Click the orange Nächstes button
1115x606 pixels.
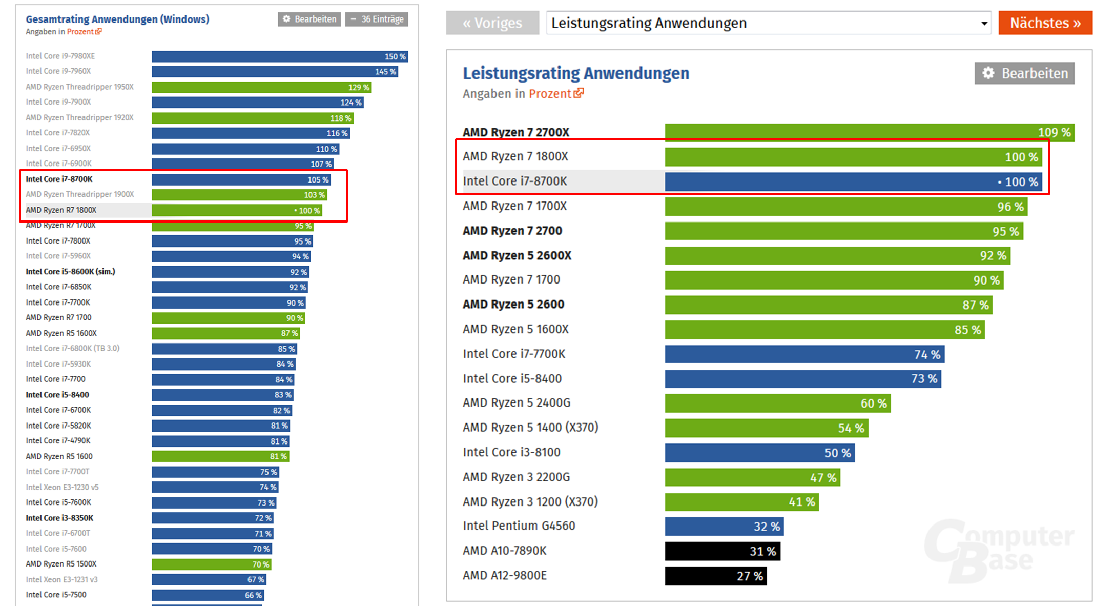tap(1045, 23)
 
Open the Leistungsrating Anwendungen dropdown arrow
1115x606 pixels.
tap(984, 24)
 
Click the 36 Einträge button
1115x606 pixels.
tap(377, 19)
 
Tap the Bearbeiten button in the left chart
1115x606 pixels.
tap(309, 19)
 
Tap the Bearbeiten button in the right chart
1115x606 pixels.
tap(1024, 73)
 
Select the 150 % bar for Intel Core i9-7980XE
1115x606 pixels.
tap(279, 56)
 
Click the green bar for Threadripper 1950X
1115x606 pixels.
tap(261, 87)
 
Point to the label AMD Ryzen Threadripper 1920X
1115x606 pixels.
tap(79, 117)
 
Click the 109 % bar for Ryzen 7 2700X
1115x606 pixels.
tap(869, 132)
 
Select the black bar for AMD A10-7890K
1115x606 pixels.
tap(722, 551)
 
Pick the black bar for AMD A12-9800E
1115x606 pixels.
tap(715, 576)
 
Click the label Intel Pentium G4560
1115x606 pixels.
tap(519, 526)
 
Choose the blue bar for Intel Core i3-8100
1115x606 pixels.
tap(759, 453)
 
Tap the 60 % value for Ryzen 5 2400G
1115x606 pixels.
tap(874, 403)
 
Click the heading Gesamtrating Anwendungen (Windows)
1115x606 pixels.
tap(117, 19)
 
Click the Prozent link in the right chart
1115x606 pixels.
tap(550, 94)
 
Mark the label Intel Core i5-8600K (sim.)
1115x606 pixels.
tap(70, 271)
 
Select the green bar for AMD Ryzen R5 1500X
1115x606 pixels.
tap(211, 564)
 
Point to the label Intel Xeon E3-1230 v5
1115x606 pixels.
tap(62, 487)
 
